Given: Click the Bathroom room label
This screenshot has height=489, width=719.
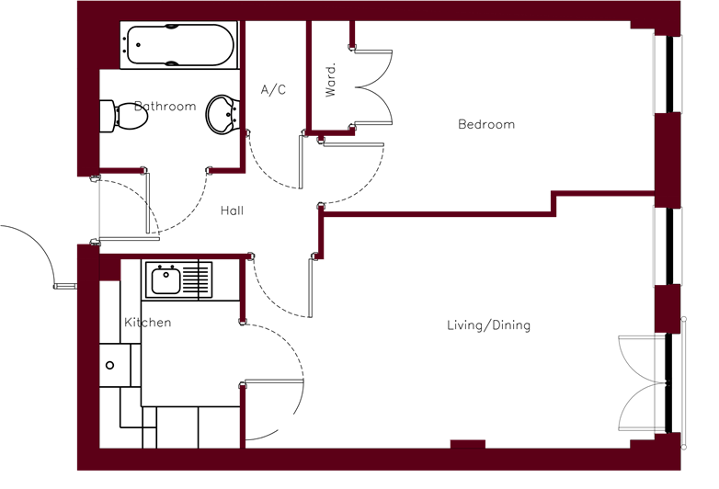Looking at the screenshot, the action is [x=165, y=107].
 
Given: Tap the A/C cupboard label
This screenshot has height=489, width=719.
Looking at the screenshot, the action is [x=273, y=89].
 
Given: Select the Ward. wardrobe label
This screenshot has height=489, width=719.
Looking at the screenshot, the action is [x=331, y=80].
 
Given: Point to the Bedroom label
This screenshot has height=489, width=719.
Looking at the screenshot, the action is [x=486, y=124].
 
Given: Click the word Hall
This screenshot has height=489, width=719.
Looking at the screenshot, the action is [x=232, y=210].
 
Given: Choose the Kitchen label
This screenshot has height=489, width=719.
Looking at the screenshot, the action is [x=148, y=323].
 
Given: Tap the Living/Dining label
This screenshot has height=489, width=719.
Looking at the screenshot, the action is [x=489, y=325].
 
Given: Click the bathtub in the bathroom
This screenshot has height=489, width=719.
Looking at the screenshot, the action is [x=179, y=45].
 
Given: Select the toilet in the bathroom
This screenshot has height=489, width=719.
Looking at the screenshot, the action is [x=124, y=116].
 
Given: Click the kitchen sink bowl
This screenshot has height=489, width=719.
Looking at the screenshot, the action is [x=165, y=281].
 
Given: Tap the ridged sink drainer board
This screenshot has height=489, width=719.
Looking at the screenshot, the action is [x=197, y=279].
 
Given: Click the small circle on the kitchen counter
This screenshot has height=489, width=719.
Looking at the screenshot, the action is [x=109, y=365].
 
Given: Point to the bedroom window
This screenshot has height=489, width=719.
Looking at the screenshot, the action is [x=668, y=74].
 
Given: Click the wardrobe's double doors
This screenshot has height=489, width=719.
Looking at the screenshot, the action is [x=373, y=86].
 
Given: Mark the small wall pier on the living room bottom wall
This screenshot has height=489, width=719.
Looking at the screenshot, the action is [x=468, y=444].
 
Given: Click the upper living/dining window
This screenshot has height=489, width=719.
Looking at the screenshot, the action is [x=668, y=246].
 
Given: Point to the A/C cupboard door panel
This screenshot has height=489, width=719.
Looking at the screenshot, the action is [x=301, y=162].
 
